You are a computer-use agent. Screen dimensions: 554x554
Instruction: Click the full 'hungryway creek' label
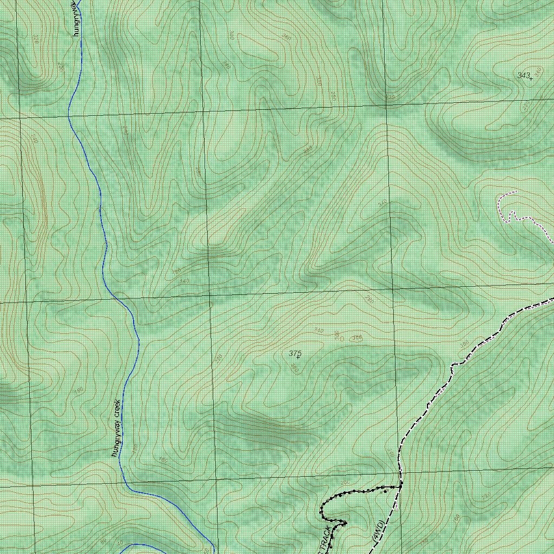click(116, 428)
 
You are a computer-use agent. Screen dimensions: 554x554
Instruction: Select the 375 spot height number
click(294, 353)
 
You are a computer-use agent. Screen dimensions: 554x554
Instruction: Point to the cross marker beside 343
click(531, 79)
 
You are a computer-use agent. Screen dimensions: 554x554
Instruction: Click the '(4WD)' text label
click(378, 531)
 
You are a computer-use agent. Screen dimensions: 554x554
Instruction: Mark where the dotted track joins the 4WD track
click(400, 486)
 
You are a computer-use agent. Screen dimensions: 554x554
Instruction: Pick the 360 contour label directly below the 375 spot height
click(294, 368)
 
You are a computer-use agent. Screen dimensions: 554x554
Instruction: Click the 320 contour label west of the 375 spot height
click(218, 359)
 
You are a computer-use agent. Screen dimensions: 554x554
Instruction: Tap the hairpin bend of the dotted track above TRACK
click(322, 509)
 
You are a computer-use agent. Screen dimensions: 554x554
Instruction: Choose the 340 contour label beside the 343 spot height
click(538, 71)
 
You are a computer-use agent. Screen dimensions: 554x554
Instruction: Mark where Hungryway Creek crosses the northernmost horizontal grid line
click(70, 114)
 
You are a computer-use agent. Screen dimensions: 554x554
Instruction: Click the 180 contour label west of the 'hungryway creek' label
click(80, 391)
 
